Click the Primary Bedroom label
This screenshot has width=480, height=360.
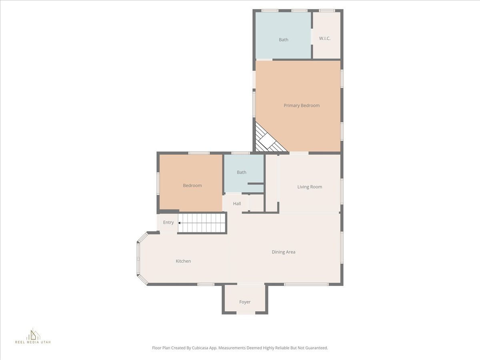click(x=302, y=106)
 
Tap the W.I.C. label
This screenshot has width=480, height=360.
click(x=324, y=38)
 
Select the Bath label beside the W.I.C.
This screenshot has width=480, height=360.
click(x=283, y=40)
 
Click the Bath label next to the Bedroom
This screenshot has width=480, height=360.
click(x=241, y=172)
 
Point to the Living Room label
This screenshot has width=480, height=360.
click(x=310, y=187)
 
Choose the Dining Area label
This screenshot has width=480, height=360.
click(x=283, y=252)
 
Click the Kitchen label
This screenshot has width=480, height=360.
click(x=183, y=261)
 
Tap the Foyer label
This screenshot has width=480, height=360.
click(x=245, y=302)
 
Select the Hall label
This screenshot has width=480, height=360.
click(x=237, y=204)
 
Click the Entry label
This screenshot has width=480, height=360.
click(x=168, y=222)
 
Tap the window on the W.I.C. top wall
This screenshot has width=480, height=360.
click(x=327, y=10)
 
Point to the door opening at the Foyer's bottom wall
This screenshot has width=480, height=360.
click(x=245, y=313)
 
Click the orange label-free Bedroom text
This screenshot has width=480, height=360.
click(x=192, y=186)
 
